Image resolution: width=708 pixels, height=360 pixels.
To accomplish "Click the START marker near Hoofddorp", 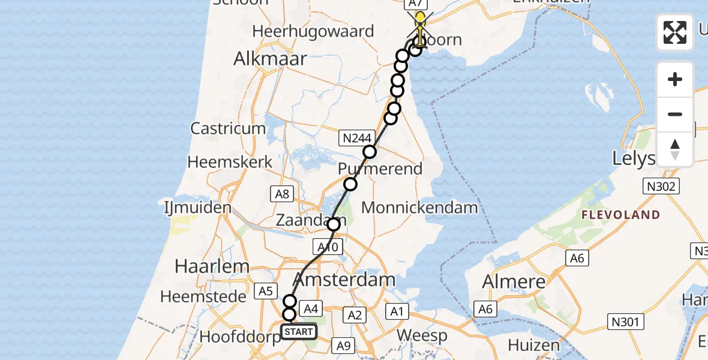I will pyautogui.click(x=299, y=331).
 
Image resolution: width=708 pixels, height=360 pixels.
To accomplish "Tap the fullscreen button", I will pyautogui.click(x=675, y=32).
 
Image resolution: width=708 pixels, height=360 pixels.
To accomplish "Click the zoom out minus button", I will pyautogui.click(x=675, y=114).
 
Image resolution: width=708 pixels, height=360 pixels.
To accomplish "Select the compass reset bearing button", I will pyautogui.click(x=675, y=149).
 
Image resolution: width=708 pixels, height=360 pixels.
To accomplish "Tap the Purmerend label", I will pyautogui.click(x=380, y=169).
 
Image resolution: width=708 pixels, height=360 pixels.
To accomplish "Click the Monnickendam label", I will pyautogui.click(x=420, y=208).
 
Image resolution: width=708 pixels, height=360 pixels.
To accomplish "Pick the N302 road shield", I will pyautogui.click(x=662, y=186).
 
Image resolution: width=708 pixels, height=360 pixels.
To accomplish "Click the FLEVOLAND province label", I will pyautogui.click(x=620, y=215).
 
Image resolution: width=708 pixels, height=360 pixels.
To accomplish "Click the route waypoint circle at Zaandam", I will pyautogui.click(x=334, y=224).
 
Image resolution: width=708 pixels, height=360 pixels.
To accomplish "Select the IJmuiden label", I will pyautogui.click(x=197, y=209).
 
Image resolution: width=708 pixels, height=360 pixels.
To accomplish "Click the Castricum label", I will pyautogui.click(x=228, y=128).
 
